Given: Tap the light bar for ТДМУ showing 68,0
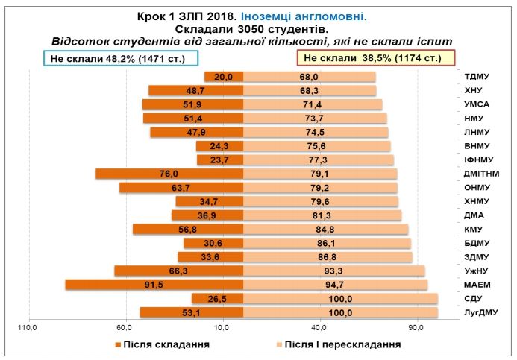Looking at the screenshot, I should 310,77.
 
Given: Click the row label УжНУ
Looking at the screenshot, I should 475,271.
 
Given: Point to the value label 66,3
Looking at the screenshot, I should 178,271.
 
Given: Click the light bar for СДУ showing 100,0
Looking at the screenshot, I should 341,299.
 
